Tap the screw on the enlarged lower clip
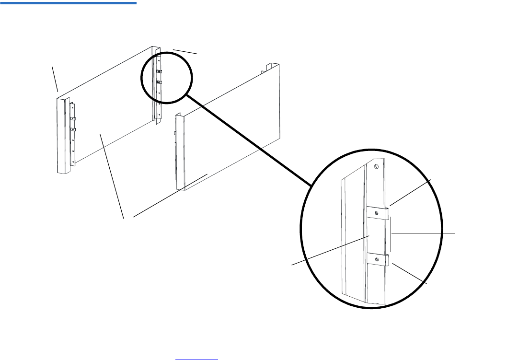378,259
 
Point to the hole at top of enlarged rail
377,167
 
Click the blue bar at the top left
68,2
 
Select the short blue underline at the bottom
196,359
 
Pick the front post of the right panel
180,151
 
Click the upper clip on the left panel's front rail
73,118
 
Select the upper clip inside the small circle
159,72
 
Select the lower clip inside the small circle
159,82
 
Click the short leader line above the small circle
185,51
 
